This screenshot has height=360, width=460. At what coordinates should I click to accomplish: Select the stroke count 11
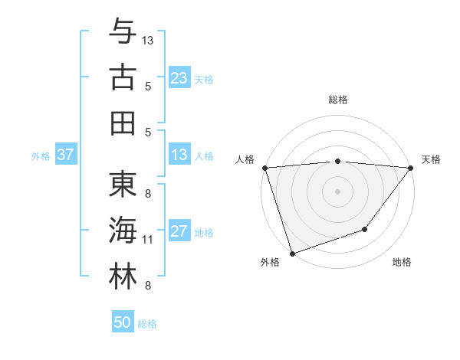(148, 240)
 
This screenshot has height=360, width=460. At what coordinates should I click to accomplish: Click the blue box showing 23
(179, 78)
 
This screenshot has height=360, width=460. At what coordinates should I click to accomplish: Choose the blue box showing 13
(179, 155)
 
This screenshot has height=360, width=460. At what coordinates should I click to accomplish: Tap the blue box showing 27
(179, 232)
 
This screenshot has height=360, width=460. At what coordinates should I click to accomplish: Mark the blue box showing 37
(66, 155)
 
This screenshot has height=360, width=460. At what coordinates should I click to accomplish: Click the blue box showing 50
(123, 322)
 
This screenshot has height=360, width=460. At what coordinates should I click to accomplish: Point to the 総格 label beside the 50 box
(147, 324)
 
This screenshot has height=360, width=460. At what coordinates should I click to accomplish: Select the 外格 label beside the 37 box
(41, 156)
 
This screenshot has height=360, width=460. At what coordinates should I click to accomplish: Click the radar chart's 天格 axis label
(431, 159)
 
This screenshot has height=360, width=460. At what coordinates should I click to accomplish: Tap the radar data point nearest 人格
(264, 168)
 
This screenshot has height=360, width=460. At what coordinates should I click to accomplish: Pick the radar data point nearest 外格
(292, 254)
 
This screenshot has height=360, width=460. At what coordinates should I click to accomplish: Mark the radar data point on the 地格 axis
(366, 229)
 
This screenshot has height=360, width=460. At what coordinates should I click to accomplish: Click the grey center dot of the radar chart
(337, 191)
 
